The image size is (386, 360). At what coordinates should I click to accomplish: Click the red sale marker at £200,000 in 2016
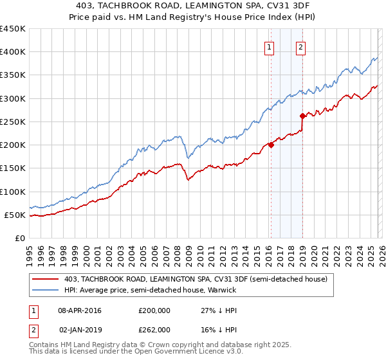pyautogui.click(x=271, y=145)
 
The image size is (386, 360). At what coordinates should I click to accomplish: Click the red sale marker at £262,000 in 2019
pyautogui.click(x=302, y=116)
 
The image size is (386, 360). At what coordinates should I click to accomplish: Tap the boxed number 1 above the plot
pyautogui.click(x=269, y=46)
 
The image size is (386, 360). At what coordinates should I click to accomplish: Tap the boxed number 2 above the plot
pyautogui.click(x=300, y=46)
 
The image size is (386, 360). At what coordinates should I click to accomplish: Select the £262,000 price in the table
pyautogui.click(x=154, y=329)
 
